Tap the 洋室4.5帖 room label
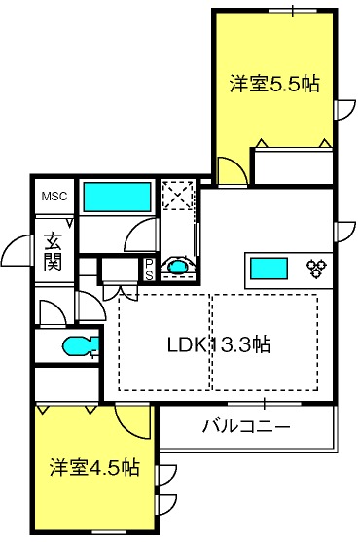click(93, 468)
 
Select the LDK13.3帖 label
click(219, 344)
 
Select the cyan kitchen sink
click(267, 268)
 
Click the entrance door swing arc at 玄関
click(17, 255)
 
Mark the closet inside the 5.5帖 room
click(291, 166)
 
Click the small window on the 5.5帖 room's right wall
click(342, 110)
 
